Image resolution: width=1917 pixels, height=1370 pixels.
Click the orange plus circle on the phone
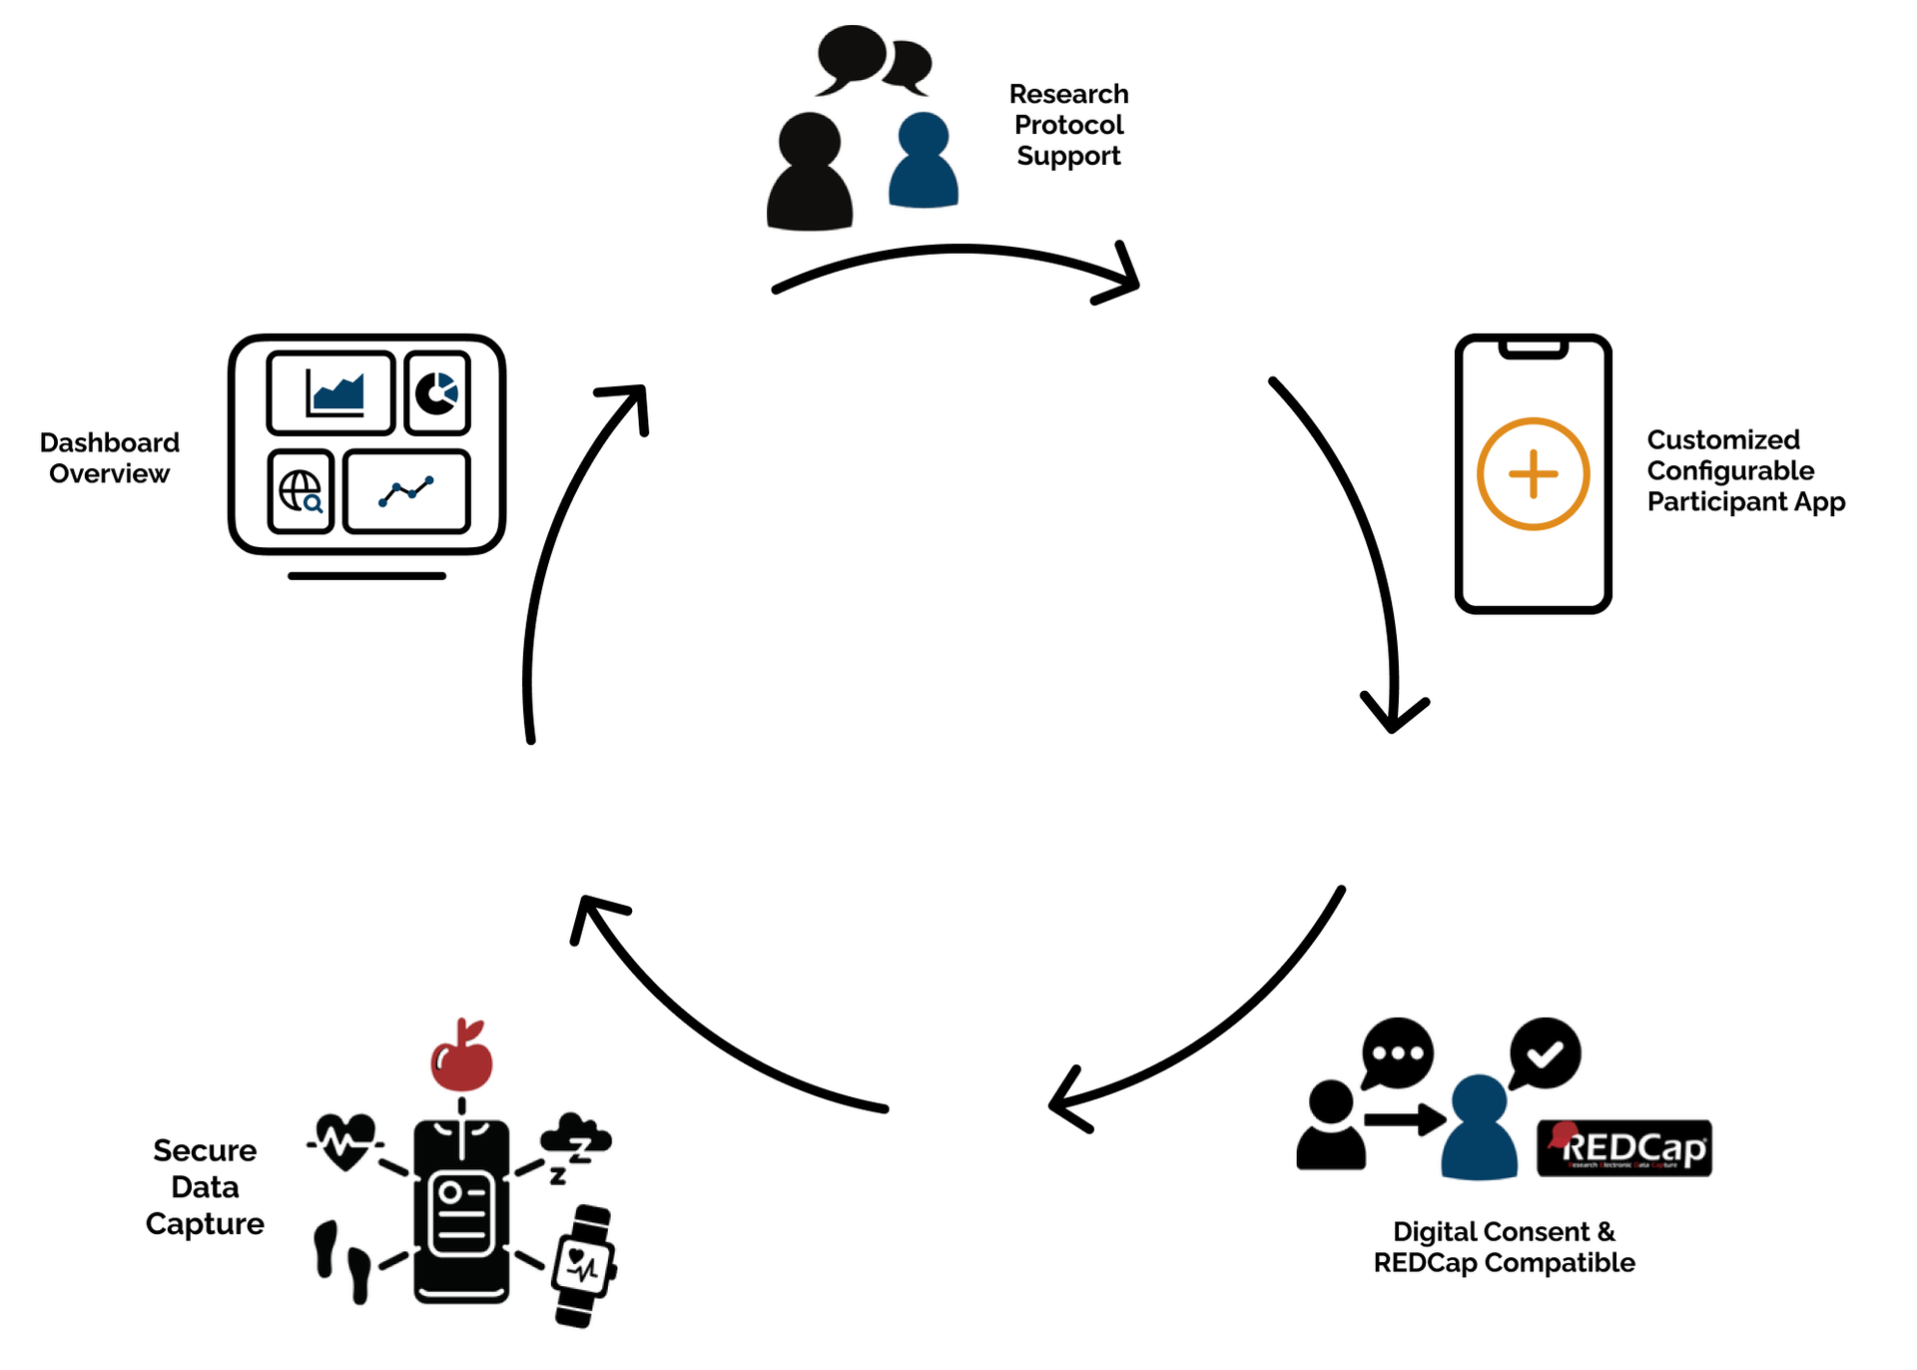1533,473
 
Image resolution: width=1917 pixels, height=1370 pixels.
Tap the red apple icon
461,1061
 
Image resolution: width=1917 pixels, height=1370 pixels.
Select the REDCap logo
1623,1148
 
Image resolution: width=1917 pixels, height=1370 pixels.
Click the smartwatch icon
584,1266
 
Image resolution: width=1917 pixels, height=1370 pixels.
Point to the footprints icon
342,1260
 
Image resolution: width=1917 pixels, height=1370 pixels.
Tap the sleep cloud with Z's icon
574,1145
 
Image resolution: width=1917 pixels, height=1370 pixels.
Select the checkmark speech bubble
1545,1052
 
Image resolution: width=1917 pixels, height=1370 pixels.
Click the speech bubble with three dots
1397,1052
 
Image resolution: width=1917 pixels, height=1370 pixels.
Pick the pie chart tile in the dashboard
437,392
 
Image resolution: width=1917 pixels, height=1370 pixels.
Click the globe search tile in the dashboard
301,491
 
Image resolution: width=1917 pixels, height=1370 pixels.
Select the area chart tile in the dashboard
331,392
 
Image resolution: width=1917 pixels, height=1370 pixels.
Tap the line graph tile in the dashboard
406,491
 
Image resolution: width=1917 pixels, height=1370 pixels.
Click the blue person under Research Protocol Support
923,162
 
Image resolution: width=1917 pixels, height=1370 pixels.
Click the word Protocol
1068,125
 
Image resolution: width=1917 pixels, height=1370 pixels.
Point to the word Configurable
1730,470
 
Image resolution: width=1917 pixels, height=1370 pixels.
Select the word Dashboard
110,442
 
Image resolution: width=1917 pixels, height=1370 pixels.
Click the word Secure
205,1150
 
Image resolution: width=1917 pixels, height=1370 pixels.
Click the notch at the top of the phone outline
1533,347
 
